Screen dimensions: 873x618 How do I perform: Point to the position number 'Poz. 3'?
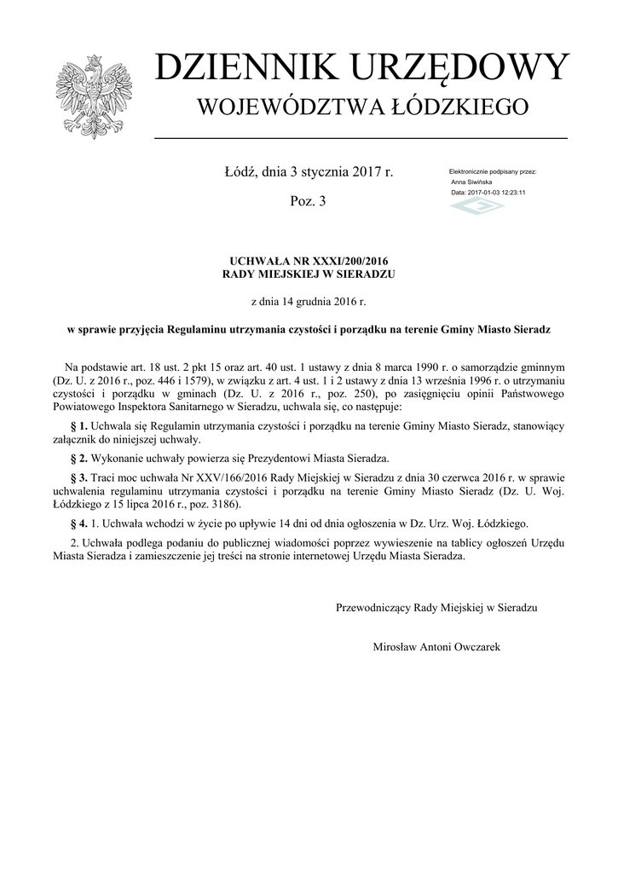(309, 201)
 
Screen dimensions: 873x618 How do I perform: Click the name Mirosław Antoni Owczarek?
(437, 647)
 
